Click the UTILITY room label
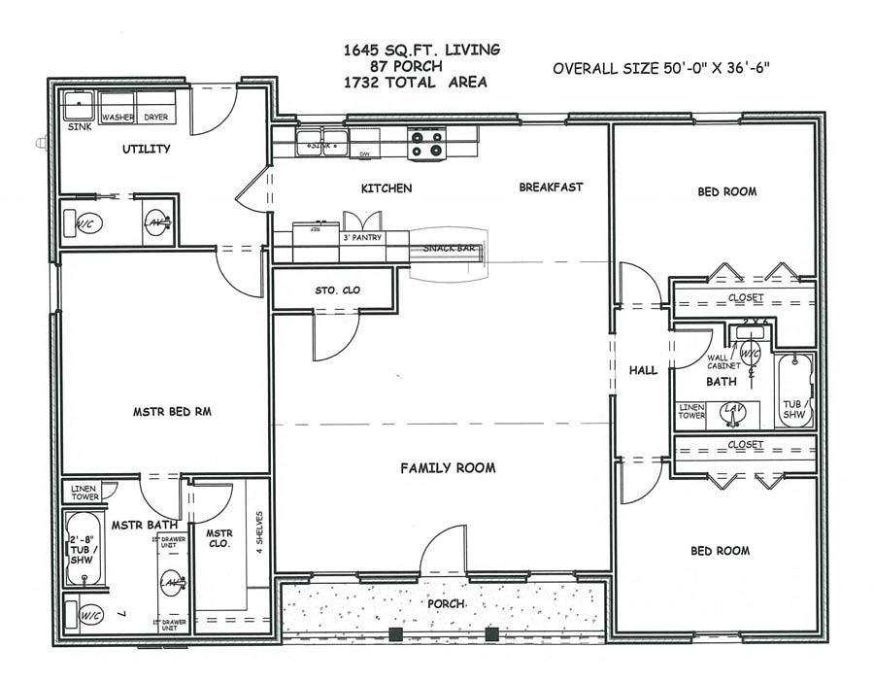click(147, 149)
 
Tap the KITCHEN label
click(387, 188)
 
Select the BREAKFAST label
click(551, 187)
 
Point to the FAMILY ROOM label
click(448, 468)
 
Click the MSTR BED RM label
click(172, 412)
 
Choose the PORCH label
click(447, 604)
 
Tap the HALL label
click(643, 370)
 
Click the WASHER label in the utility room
click(118, 118)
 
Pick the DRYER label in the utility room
click(156, 118)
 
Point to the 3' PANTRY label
click(361, 237)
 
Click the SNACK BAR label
click(449, 249)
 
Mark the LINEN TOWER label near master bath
click(85, 492)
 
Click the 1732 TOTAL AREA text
click(415, 83)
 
